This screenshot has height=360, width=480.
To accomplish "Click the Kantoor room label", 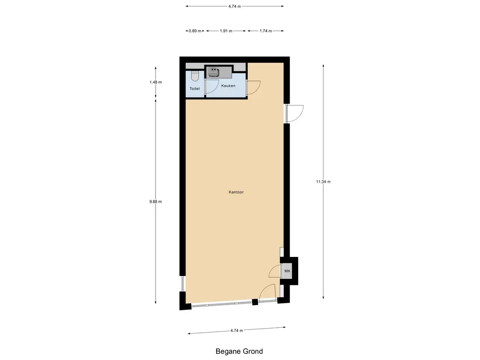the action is [236, 192].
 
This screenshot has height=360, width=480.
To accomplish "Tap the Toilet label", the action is [195, 89].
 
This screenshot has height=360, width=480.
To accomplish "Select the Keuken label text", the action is [228, 86].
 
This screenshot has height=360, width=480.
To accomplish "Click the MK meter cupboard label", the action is [287, 271].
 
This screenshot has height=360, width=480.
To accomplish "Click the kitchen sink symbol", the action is [214, 72].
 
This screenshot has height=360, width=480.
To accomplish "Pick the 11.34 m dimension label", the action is [323, 182].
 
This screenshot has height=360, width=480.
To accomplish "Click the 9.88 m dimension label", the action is [156, 202].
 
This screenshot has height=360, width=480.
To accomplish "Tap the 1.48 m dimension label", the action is [156, 82].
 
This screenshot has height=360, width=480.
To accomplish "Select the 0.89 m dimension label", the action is [195, 31].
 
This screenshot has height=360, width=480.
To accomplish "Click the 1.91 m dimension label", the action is [226, 31].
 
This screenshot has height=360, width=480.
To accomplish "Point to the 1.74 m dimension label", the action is [266, 31].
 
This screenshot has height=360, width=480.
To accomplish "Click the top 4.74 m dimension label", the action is [234, 6].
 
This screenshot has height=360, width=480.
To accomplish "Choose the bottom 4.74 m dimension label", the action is [237, 330].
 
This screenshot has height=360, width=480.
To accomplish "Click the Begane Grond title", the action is [239, 351].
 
